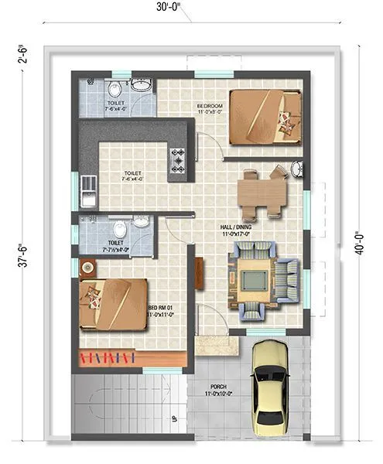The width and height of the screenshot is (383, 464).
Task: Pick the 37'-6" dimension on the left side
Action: (x=26, y=258)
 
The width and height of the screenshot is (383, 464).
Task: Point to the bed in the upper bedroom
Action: (x=265, y=116)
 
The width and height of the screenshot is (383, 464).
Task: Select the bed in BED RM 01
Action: (x=114, y=304)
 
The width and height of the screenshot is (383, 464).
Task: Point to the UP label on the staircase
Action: (x=175, y=420)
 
